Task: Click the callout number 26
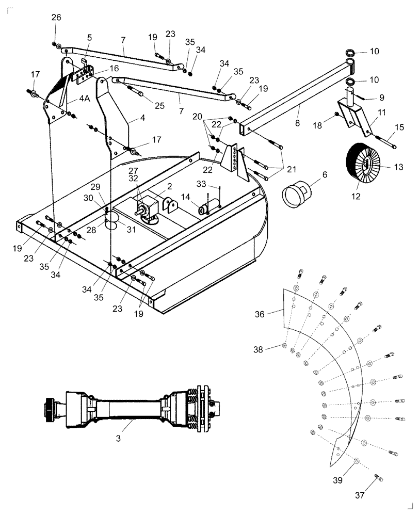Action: pos(56,18)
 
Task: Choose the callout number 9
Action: pos(381,96)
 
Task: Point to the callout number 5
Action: pos(89,37)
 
